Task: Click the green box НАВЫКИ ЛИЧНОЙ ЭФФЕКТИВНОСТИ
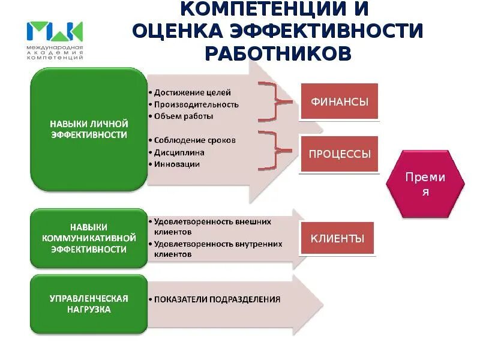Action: click(88, 129)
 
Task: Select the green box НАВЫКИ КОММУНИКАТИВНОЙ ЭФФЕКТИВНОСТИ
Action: click(88, 238)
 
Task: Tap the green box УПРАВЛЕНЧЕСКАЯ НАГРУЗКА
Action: click(88, 304)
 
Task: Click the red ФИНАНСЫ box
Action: click(339, 101)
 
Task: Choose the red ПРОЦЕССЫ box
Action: click(340, 154)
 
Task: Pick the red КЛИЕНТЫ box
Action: click(337, 238)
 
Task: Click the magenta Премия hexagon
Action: click(425, 184)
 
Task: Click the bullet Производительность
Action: click(196, 104)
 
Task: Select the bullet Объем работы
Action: click(184, 116)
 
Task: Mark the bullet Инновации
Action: click(176, 164)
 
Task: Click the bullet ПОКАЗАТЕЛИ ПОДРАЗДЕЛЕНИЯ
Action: click(217, 299)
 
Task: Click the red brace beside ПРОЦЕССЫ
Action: click(278, 148)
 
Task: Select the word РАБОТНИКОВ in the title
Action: click(278, 53)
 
